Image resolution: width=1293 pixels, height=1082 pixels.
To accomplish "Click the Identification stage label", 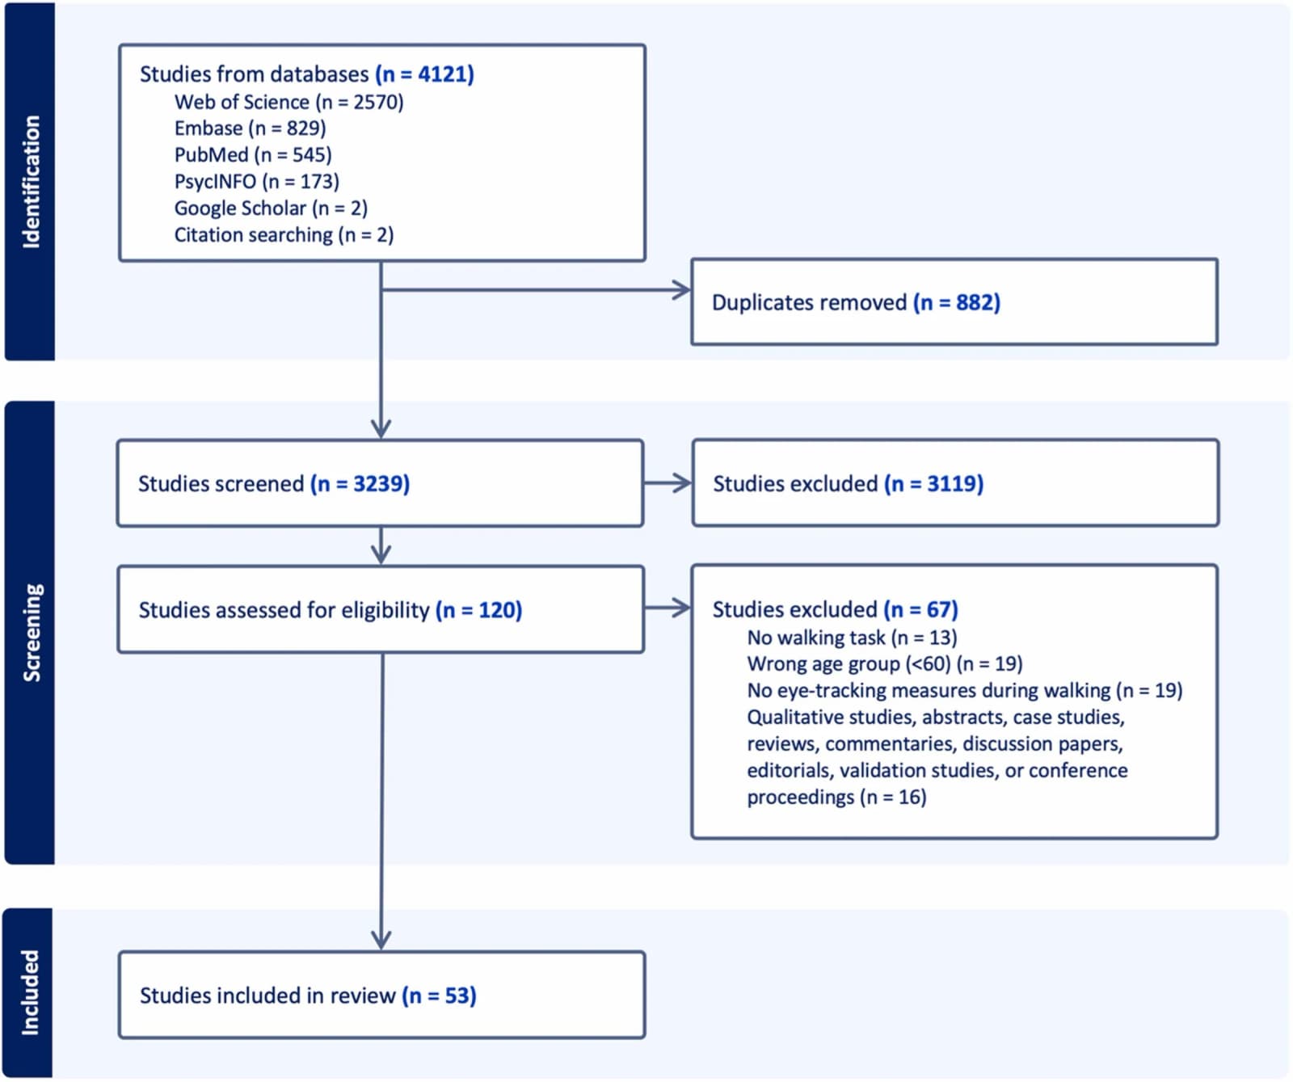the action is click(31, 181).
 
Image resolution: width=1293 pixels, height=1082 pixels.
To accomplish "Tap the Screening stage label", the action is click(31, 633).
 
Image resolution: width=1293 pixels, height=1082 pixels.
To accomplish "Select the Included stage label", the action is click(30, 992).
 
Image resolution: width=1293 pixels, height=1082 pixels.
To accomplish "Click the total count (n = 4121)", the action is click(424, 74).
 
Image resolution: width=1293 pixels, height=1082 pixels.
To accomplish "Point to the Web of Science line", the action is click(289, 102).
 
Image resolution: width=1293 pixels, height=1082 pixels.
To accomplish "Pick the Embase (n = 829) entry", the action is click(250, 128).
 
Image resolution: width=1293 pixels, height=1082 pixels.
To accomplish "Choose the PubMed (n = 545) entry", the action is click(253, 155).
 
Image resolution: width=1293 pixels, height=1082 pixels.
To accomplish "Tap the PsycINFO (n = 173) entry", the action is click(257, 182).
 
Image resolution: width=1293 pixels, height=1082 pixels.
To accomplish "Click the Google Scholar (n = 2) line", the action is click(271, 208).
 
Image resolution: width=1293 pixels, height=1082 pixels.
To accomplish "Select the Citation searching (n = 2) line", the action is click(284, 235).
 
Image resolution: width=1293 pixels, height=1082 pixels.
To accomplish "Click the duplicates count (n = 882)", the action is click(957, 302).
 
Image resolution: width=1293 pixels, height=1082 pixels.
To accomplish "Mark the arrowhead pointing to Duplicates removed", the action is click(682, 290).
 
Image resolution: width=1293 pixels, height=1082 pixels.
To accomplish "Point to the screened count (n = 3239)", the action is click(360, 483).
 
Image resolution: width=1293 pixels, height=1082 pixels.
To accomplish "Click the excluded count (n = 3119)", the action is click(933, 483).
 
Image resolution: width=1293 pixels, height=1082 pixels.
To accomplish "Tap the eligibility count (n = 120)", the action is click(478, 610).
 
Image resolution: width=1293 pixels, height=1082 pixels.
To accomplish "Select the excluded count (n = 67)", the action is click(920, 609).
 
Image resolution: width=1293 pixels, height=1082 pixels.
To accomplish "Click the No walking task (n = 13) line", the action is click(852, 638).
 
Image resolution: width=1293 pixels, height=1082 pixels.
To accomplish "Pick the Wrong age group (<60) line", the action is click(885, 664).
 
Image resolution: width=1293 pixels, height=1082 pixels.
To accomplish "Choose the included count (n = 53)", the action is click(439, 996).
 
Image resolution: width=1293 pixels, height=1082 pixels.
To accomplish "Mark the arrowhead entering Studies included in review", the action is click(381, 941).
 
